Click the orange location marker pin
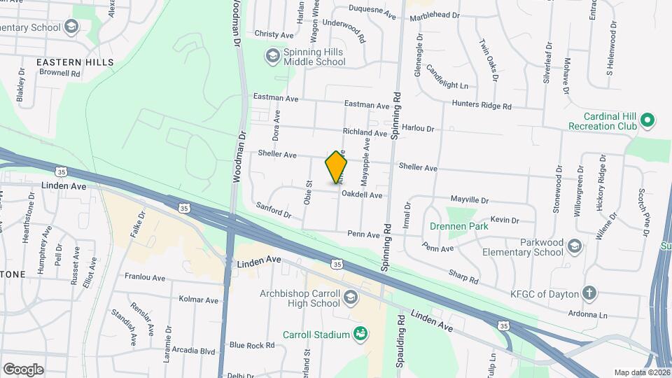[x=337, y=167]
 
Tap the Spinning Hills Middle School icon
[x=272, y=55]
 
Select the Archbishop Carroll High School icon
[x=350, y=298]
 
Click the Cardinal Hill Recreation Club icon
[x=647, y=120]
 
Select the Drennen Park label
[x=454, y=226]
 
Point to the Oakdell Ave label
[x=362, y=195]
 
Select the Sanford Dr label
[x=273, y=209]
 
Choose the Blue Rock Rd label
[x=252, y=345]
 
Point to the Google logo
[x=24, y=369]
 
